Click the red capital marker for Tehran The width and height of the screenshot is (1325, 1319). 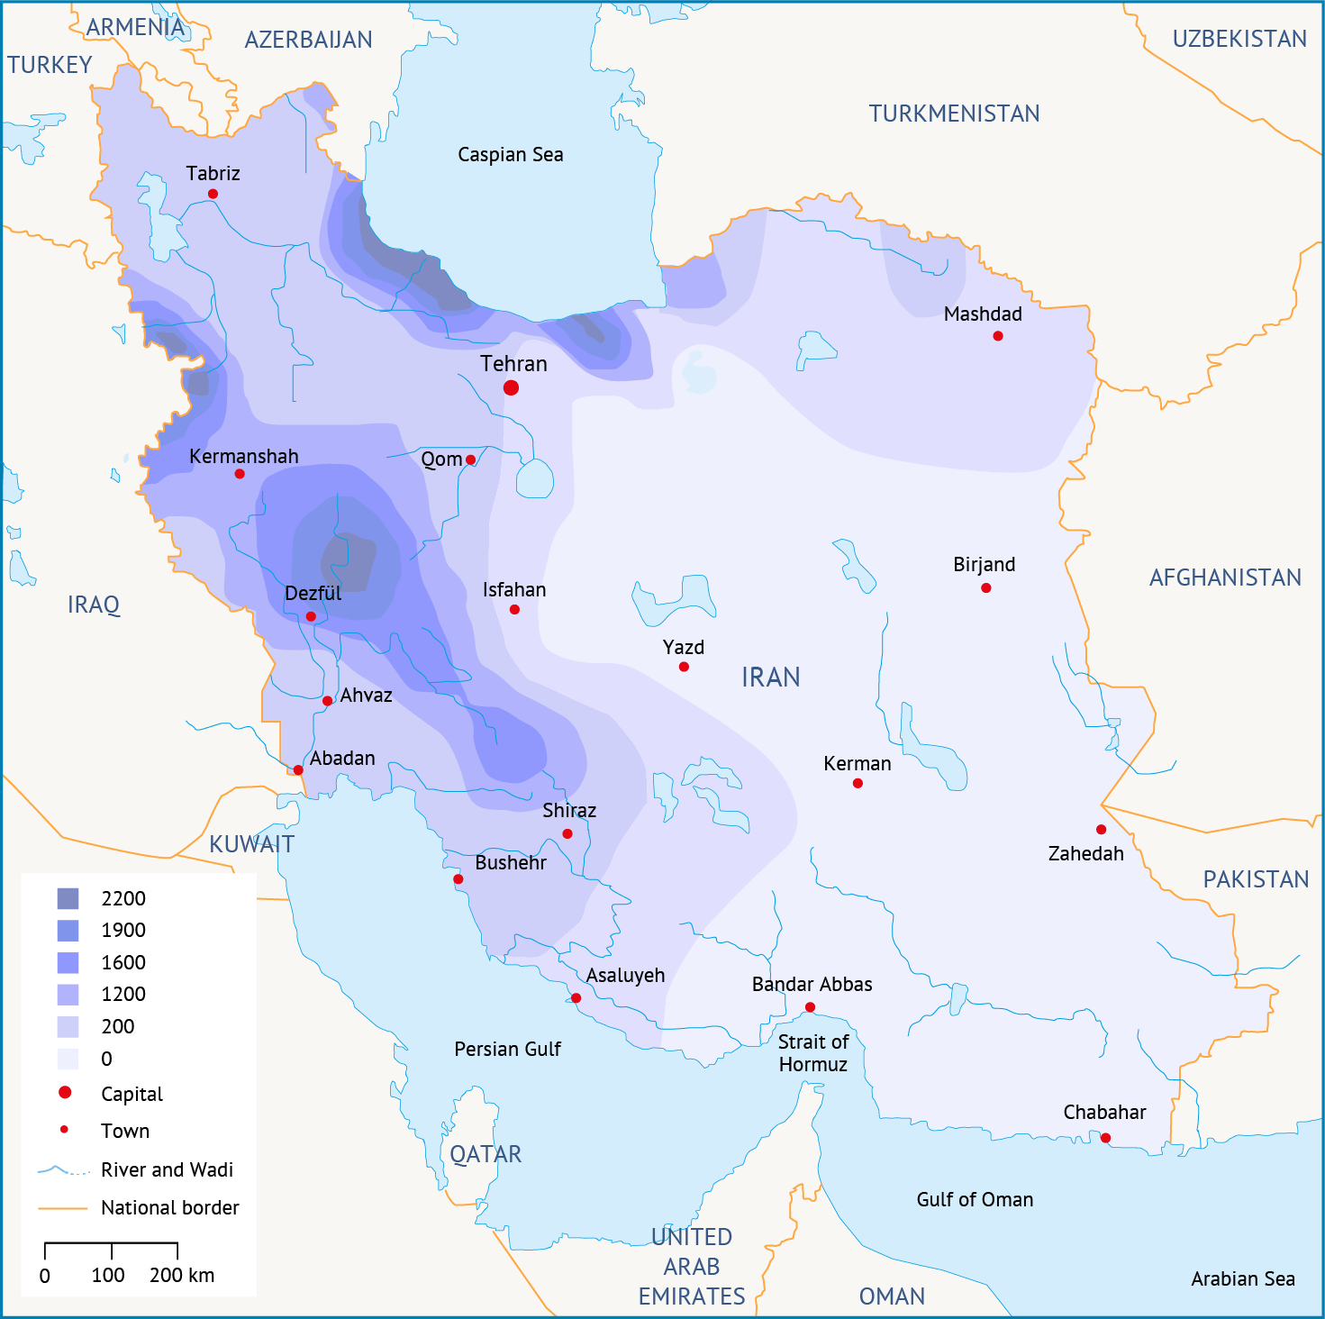click(511, 387)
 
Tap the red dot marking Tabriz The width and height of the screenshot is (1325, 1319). click(213, 194)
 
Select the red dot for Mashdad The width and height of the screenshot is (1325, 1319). click(997, 336)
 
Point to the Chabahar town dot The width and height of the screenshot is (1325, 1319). click(1105, 1138)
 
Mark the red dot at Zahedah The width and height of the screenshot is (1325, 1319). click(1101, 829)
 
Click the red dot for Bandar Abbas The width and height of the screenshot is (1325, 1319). click(810, 1007)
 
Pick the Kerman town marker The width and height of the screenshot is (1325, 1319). click(858, 783)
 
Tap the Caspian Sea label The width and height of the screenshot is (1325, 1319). click(510, 155)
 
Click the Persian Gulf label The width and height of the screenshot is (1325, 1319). click(507, 1049)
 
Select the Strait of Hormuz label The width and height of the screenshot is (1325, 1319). click(812, 1053)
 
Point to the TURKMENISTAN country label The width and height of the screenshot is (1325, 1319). click(954, 114)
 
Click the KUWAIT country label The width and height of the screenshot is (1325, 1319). click(251, 844)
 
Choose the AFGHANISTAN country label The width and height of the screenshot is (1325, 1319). click(1225, 578)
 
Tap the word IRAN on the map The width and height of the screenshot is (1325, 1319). click(770, 678)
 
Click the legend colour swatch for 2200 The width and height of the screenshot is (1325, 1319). click(68, 898)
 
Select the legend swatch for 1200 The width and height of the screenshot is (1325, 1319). click(68, 995)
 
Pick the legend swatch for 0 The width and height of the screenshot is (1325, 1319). click(68, 1059)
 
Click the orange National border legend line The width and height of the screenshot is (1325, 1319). click(62, 1208)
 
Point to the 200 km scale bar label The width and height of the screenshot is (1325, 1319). click(182, 1275)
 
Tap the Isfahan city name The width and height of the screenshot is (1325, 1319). click(513, 590)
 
